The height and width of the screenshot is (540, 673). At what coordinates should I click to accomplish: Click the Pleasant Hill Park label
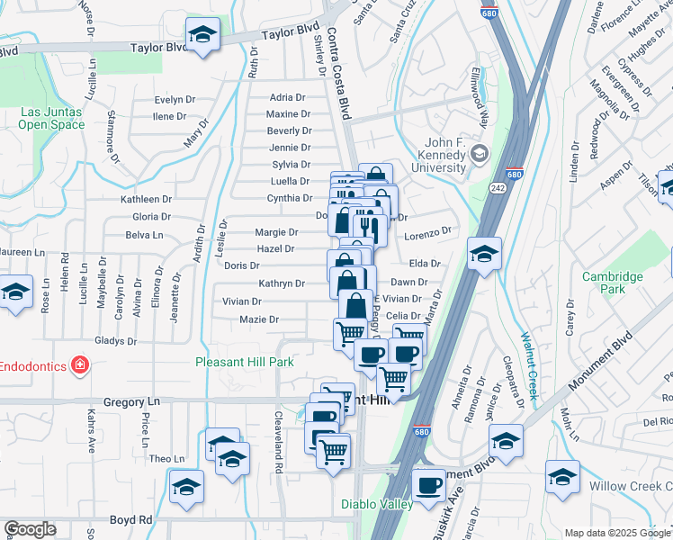[x=245, y=363]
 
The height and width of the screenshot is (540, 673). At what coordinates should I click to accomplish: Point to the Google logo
[x=30, y=529]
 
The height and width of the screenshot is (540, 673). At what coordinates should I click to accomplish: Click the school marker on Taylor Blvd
[x=202, y=35]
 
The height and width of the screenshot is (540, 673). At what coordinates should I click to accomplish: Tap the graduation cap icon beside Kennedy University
[x=478, y=154]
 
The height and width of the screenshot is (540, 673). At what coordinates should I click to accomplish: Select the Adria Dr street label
[x=288, y=97]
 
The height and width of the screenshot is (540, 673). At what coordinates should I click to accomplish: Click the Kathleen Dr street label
[x=146, y=199]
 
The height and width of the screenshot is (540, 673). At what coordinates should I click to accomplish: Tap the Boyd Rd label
[x=132, y=519]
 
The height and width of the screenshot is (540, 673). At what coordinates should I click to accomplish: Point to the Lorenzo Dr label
[x=426, y=232]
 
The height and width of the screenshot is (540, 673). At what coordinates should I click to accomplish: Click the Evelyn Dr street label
[x=175, y=100]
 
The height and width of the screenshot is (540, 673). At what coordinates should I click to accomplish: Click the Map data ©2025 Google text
[x=618, y=533]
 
